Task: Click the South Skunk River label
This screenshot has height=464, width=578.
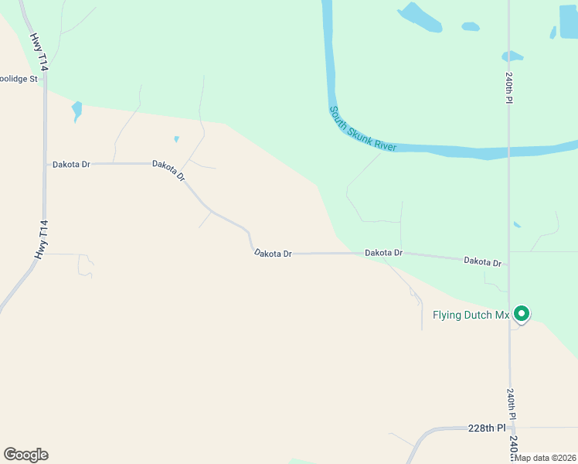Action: click(x=362, y=128)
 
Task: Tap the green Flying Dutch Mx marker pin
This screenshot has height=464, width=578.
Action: click(x=522, y=314)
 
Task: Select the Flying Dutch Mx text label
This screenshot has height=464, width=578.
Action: click(x=471, y=315)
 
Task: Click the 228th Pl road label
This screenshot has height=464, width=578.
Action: click(x=487, y=428)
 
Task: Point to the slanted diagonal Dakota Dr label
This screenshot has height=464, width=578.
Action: click(x=169, y=170)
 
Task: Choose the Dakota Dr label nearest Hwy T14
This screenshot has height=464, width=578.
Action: click(x=71, y=164)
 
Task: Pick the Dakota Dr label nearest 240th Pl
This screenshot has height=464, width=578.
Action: click(x=482, y=262)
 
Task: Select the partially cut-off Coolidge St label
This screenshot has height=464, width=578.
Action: click(x=19, y=79)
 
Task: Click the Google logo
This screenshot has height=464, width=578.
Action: click(x=25, y=455)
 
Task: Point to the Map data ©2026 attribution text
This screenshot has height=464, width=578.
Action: click(x=546, y=458)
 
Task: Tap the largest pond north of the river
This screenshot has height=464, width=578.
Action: click(x=420, y=17)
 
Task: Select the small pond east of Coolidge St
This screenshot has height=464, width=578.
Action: click(x=76, y=110)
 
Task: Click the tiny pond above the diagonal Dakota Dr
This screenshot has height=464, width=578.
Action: click(x=177, y=139)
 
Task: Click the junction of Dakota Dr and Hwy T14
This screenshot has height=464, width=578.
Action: click(x=46, y=164)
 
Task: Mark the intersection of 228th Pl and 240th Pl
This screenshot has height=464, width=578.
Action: click(x=510, y=427)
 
